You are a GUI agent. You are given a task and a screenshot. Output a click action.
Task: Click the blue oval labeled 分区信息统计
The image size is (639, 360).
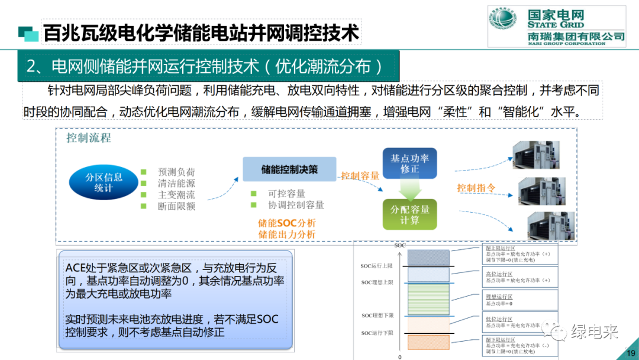pos(104,182)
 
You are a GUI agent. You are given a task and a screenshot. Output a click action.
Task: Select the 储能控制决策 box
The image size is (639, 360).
pos(289,169)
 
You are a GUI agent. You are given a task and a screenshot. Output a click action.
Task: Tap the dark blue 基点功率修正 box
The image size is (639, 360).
pos(409,163)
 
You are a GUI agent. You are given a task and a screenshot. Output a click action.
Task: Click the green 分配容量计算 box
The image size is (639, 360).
pos(409,214)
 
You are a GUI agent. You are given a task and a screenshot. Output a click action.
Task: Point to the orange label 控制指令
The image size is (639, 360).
pos(476,188)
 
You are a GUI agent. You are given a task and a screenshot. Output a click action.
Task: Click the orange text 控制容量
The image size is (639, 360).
pos(360,176)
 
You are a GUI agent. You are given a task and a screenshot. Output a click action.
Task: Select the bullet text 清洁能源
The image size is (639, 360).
pos(176,184)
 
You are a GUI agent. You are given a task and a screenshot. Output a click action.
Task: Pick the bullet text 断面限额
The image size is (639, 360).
pos(176,206)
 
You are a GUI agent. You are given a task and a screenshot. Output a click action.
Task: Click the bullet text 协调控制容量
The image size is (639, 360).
pos(296,205)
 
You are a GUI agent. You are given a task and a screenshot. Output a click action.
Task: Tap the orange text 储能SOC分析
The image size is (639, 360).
pos(287,223)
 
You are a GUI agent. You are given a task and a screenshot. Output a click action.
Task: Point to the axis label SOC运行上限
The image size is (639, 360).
pos(377,266)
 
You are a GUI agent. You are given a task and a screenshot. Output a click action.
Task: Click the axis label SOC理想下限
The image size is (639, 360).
pos(377,316)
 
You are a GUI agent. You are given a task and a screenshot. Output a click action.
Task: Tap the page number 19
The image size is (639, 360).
pos(630,353)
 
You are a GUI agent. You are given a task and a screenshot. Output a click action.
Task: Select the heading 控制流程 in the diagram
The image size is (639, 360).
pos(88,139)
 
